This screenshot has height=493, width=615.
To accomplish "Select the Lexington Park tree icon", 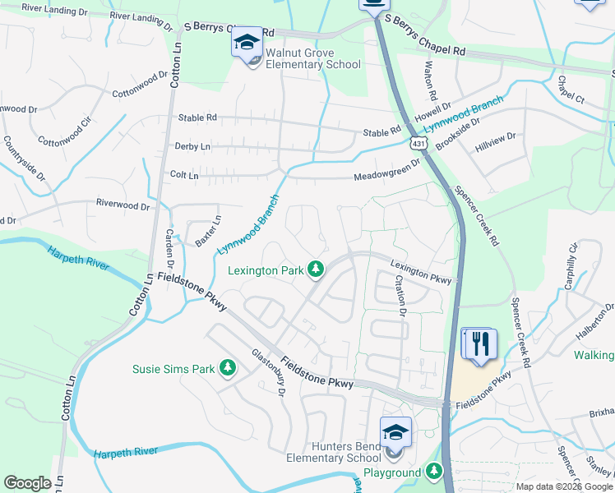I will click(315, 269).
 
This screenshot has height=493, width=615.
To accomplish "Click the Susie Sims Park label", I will click(173, 369).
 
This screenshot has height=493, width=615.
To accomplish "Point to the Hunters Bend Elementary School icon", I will click(395, 431).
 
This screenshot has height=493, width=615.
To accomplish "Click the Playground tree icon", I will click(434, 472).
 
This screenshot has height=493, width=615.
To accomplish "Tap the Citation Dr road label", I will click(400, 295).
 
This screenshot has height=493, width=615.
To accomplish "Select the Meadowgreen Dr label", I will click(387, 171).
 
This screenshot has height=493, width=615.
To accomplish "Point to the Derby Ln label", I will click(192, 146).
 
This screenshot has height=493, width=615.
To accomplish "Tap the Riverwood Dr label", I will click(123, 205).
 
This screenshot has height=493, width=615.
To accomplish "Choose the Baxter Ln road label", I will click(209, 231).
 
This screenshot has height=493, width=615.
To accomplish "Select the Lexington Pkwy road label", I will click(421, 272).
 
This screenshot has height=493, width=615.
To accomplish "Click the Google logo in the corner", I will click(28, 483).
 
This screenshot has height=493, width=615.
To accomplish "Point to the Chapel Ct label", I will click(570, 90).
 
